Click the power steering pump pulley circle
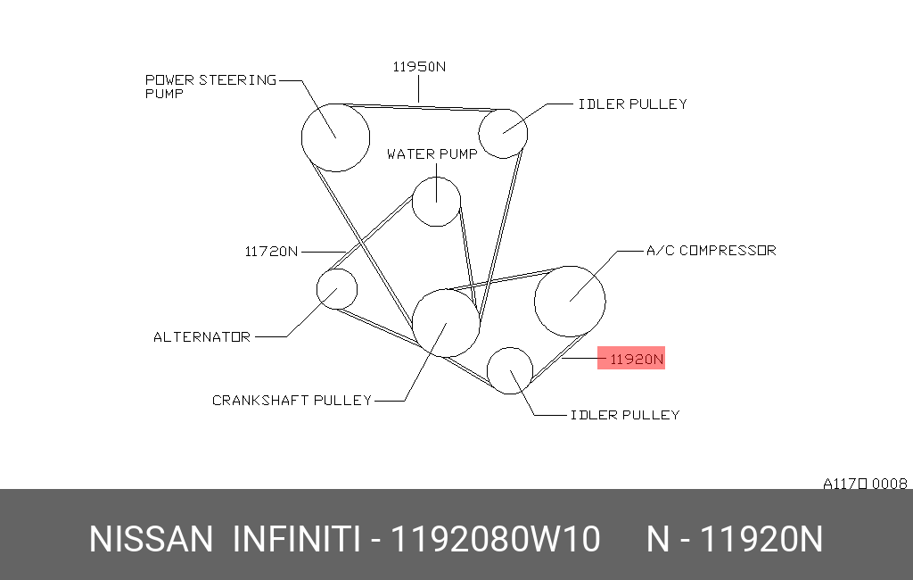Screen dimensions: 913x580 click(301, 137)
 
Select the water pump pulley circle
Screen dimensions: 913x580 click(412, 202)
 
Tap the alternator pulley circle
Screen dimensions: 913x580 click(317, 289)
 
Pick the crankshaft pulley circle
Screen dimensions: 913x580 click(413, 323)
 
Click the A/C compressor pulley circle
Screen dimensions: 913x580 click(535, 302)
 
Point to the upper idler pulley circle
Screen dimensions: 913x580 click(479, 134)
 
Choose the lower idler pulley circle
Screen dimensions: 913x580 click(488, 370)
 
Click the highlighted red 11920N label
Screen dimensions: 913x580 click(631, 358)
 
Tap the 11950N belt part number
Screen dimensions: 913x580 click(419, 67)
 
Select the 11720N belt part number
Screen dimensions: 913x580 click(271, 252)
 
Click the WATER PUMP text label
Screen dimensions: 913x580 click(432, 153)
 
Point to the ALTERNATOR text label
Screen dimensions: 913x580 click(202, 337)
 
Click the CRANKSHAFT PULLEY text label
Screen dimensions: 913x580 click(292, 401)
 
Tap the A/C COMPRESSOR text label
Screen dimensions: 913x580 click(711, 250)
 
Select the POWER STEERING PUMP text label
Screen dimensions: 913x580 click(210, 87)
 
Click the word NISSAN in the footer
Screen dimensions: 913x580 click(151, 539)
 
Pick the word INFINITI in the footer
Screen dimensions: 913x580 click(297, 539)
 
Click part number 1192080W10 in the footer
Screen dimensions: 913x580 click(495, 539)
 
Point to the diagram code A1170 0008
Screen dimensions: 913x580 click(865, 484)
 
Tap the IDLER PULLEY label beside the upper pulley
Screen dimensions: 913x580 click(633, 104)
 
